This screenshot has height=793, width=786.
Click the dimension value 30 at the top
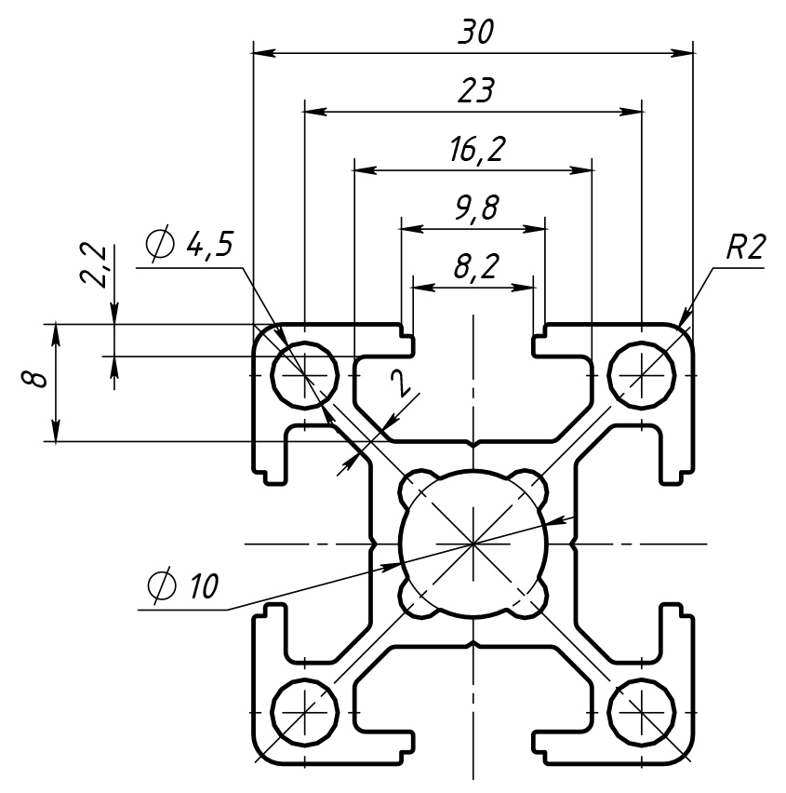pos(474,33)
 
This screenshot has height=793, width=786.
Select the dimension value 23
pos(474,91)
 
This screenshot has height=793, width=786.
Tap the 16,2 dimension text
pos(474,150)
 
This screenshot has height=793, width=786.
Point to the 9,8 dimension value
pos(474,208)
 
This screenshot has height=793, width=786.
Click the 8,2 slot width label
pos(474,267)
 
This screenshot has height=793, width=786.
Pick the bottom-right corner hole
pos(642,714)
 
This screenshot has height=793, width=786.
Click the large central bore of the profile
pos(473,542)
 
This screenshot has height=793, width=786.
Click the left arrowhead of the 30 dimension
pos(260,53)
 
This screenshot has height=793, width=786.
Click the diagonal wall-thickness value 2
pos(399,382)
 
